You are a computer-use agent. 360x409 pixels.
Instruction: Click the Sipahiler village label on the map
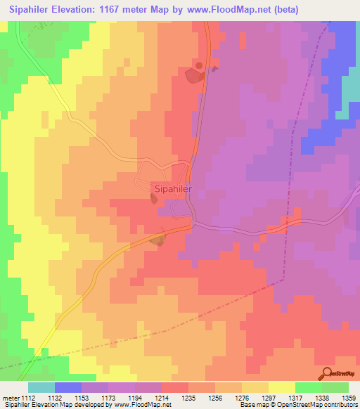click(173, 189)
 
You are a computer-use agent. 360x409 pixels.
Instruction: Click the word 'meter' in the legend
click(11, 398)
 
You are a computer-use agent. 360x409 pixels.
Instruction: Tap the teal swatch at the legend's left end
click(41, 387)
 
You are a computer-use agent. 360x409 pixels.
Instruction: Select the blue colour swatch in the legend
click(68, 387)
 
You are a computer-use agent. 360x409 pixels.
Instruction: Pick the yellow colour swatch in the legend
click(282, 387)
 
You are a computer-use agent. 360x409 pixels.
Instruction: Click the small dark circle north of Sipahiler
click(199, 65)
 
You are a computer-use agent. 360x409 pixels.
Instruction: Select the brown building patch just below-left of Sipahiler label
click(154, 200)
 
